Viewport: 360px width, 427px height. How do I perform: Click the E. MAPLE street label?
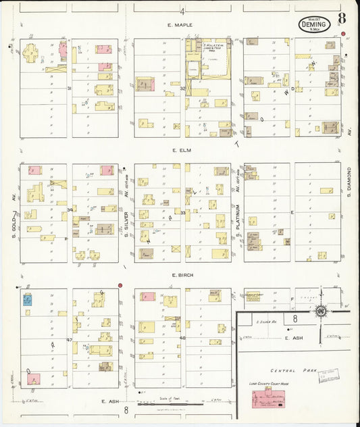click(180, 25)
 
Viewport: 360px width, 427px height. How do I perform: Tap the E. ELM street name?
click(182, 151)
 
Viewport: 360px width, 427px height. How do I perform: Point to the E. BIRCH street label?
click(183, 276)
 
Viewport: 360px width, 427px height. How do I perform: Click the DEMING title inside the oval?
click(315, 24)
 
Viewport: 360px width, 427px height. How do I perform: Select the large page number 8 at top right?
click(343, 18)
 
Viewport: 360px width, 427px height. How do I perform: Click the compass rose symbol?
click(321, 310)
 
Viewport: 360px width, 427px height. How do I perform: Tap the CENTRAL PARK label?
click(290, 370)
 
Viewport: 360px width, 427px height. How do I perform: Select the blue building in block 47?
click(27, 299)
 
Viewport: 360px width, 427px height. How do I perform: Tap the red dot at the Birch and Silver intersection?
click(120, 286)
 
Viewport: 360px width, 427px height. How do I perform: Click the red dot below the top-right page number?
click(343, 34)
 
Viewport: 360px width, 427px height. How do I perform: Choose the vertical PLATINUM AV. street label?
click(238, 216)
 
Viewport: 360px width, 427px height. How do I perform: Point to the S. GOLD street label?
click(13, 216)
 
